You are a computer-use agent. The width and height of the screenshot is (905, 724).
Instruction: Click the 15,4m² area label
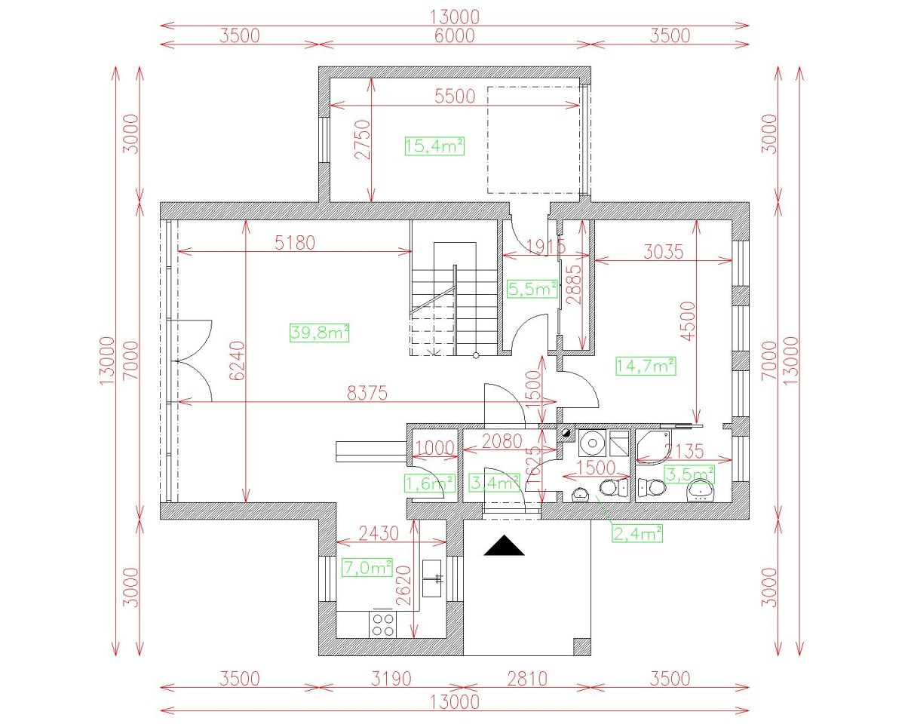point(434,146)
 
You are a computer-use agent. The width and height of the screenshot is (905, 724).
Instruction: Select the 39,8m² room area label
point(319,333)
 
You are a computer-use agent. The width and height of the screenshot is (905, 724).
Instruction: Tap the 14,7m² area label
point(645,367)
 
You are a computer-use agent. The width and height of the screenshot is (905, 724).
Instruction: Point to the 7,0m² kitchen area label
point(367,567)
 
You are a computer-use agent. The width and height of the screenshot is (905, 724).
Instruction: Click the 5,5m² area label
point(532,289)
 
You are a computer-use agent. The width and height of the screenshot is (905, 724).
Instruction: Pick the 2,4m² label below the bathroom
point(637,534)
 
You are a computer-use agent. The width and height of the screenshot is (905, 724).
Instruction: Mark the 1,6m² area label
point(431,483)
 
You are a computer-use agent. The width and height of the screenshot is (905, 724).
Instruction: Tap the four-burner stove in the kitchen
point(383,624)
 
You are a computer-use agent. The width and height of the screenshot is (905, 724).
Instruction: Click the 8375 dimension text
point(367,392)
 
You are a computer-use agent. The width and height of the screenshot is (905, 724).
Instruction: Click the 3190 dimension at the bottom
point(391,678)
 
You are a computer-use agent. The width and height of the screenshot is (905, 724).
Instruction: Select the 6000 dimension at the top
point(454,35)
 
